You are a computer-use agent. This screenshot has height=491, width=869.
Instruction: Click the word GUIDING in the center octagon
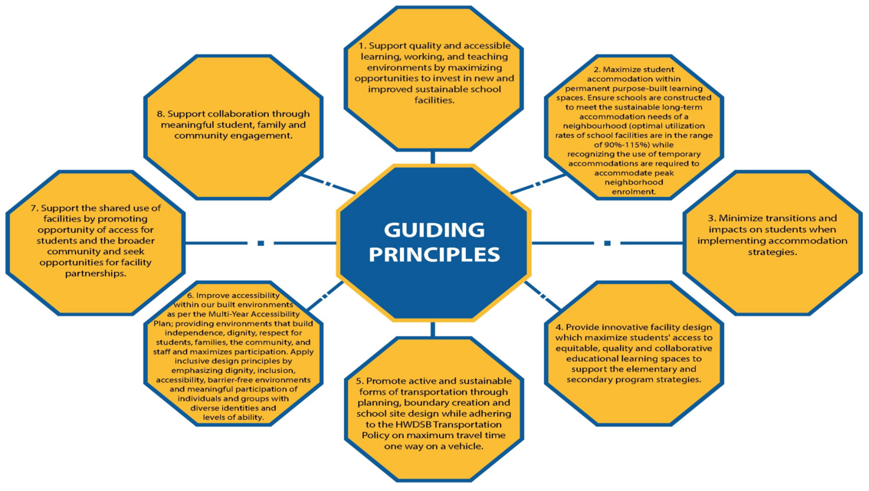[434, 230]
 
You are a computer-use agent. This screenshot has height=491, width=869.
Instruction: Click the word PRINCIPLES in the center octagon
[434, 254]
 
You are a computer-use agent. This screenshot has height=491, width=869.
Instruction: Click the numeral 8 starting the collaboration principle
[160, 113]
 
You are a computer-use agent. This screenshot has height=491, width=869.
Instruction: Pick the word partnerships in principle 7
[95, 273]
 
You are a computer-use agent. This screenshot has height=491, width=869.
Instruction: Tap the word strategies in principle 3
[772, 251]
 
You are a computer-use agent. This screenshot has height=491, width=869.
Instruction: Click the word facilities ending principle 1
[434, 100]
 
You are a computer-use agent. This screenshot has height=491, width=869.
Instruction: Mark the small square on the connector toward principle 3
[608, 244]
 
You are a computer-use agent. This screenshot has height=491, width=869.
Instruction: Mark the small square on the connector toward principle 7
[261, 244]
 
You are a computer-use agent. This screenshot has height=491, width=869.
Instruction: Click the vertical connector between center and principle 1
[433, 157]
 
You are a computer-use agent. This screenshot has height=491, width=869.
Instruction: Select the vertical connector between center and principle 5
[433, 329]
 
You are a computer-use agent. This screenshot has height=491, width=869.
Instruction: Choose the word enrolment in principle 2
[634, 191]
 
